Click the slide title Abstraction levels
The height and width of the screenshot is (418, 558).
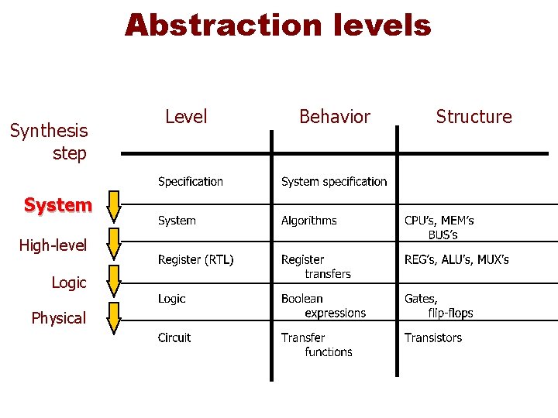tap(277, 26)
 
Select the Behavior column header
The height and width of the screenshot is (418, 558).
tap(335, 117)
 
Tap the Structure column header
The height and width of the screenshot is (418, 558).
tap(474, 117)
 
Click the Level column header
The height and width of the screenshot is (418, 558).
tap(186, 117)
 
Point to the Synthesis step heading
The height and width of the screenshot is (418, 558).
tap(49, 142)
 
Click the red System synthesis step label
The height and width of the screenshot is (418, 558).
tap(57, 205)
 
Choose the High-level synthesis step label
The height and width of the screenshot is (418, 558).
tap(53, 245)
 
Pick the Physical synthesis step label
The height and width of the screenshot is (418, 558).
tap(58, 318)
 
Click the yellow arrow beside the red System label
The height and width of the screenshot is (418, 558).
tap(114, 206)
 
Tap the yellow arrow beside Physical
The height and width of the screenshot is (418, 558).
tap(114, 318)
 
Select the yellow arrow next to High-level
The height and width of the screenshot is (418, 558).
tap(114, 243)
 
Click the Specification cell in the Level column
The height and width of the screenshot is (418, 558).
tap(190, 182)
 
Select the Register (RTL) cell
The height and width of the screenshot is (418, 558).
tap(195, 259)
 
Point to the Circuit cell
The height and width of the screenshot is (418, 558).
tap(174, 337)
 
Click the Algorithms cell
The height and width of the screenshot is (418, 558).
tap(308, 221)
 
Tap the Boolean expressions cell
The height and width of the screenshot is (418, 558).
tap(323, 306)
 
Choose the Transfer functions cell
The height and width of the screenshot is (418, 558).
tap(317, 344)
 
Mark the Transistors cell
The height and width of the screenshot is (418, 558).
tap(432, 337)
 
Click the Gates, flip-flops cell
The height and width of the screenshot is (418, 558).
tap(439, 306)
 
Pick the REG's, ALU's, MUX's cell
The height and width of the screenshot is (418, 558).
tap(456, 259)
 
